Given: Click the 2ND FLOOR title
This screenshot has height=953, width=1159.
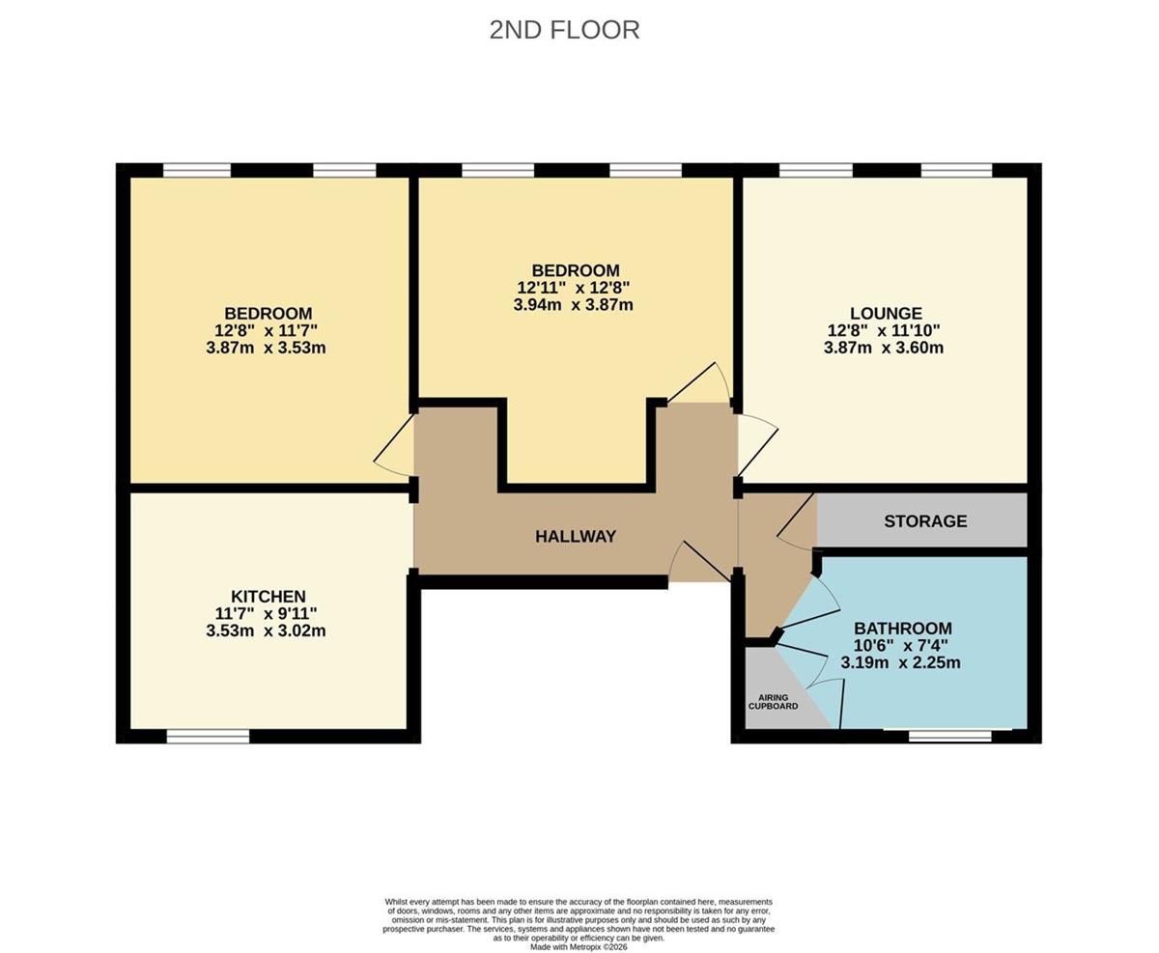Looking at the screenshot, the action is [564, 30].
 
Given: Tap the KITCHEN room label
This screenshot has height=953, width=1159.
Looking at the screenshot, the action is [269, 596].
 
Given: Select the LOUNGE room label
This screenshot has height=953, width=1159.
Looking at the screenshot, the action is [886, 313].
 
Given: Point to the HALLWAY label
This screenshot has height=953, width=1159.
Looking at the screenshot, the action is [576, 536].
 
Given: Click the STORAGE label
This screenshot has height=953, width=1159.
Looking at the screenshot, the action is [925, 520].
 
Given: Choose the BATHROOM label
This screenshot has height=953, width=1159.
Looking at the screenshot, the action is [903, 628].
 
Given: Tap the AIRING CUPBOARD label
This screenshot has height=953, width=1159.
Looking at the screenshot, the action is [774, 701].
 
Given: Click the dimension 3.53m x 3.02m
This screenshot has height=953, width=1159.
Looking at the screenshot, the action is [266, 631].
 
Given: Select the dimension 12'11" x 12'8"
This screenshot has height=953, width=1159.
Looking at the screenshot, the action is [573, 288].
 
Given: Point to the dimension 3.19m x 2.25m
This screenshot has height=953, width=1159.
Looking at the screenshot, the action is [901, 662].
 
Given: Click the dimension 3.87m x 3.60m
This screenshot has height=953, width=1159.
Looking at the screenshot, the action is [884, 348].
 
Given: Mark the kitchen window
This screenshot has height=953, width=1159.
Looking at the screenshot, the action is [208, 736].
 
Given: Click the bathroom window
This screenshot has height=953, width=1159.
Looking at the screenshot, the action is [950, 736].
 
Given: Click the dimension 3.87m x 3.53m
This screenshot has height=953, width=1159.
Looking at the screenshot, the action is [266, 348].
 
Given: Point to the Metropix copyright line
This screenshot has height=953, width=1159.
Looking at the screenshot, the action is [579, 947].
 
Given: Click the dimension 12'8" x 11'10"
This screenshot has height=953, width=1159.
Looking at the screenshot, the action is [885, 330].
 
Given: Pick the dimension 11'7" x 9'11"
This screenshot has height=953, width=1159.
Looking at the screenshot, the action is [266, 613].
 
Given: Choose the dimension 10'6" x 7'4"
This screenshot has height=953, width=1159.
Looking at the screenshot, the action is [901, 645].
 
